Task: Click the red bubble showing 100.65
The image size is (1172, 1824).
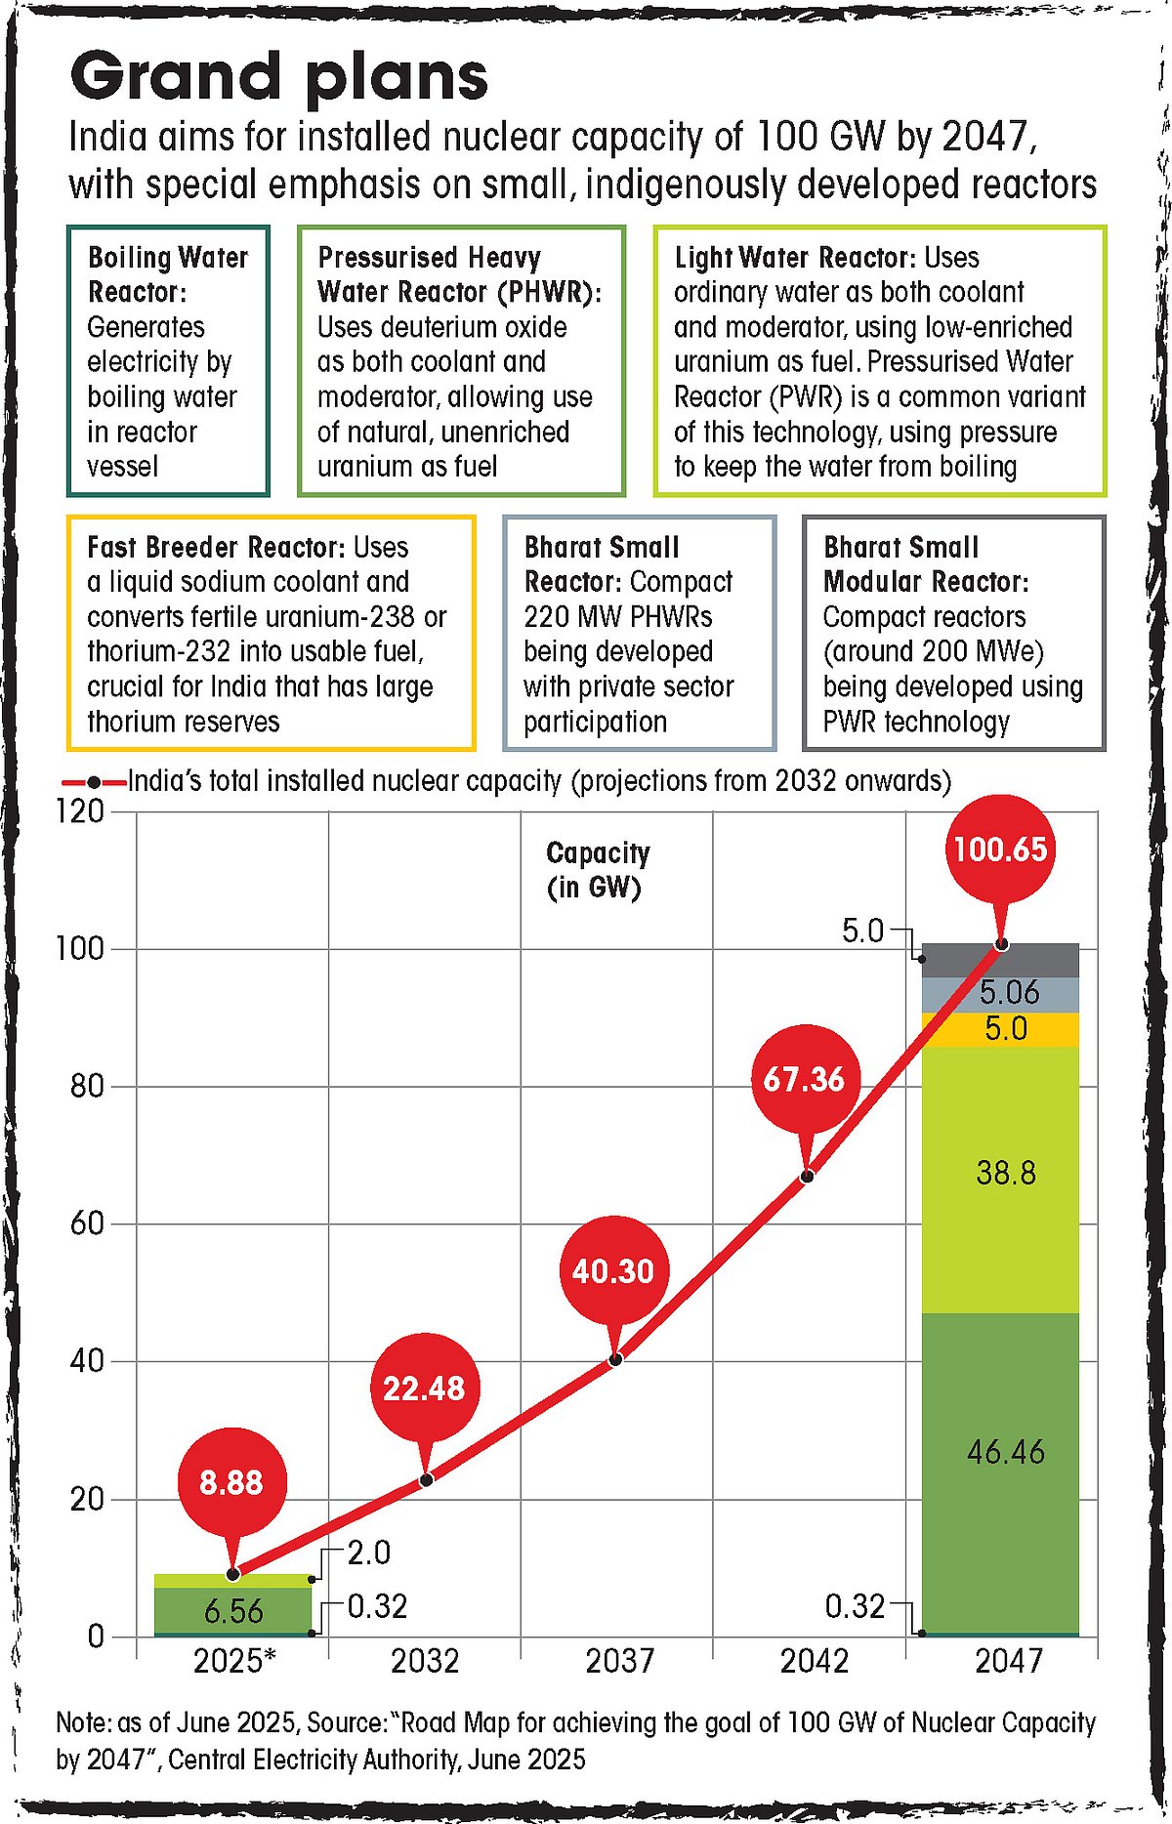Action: click(x=1000, y=849)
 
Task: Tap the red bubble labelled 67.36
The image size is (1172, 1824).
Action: click(x=803, y=1079)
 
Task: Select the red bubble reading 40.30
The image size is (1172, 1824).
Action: click(x=612, y=1270)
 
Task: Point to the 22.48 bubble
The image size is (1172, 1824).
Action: click(x=424, y=1388)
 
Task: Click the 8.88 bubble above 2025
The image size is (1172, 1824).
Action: click(x=231, y=1482)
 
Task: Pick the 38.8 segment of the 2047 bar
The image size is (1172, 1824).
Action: click(x=1005, y=1173)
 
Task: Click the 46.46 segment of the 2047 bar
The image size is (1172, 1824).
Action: click(x=1005, y=1452)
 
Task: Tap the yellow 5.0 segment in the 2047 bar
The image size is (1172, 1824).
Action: click(x=1005, y=1029)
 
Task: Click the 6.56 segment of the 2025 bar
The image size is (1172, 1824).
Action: click(x=233, y=1610)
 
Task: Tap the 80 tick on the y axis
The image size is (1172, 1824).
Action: click(x=87, y=1086)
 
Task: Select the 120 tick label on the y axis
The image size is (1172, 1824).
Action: click(x=79, y=810)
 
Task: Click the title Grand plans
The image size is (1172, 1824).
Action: click(x=279, y=76)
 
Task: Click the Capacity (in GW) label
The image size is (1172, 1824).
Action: click(x=598, y=869)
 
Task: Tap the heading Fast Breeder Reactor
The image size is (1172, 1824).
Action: click(x=216, y=547)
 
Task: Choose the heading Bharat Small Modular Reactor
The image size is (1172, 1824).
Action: click(x=924, y=564)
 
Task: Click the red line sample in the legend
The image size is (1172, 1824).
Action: click(x=94, y=783)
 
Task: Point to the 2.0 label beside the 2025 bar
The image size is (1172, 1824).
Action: click(x=369, y=1553)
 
